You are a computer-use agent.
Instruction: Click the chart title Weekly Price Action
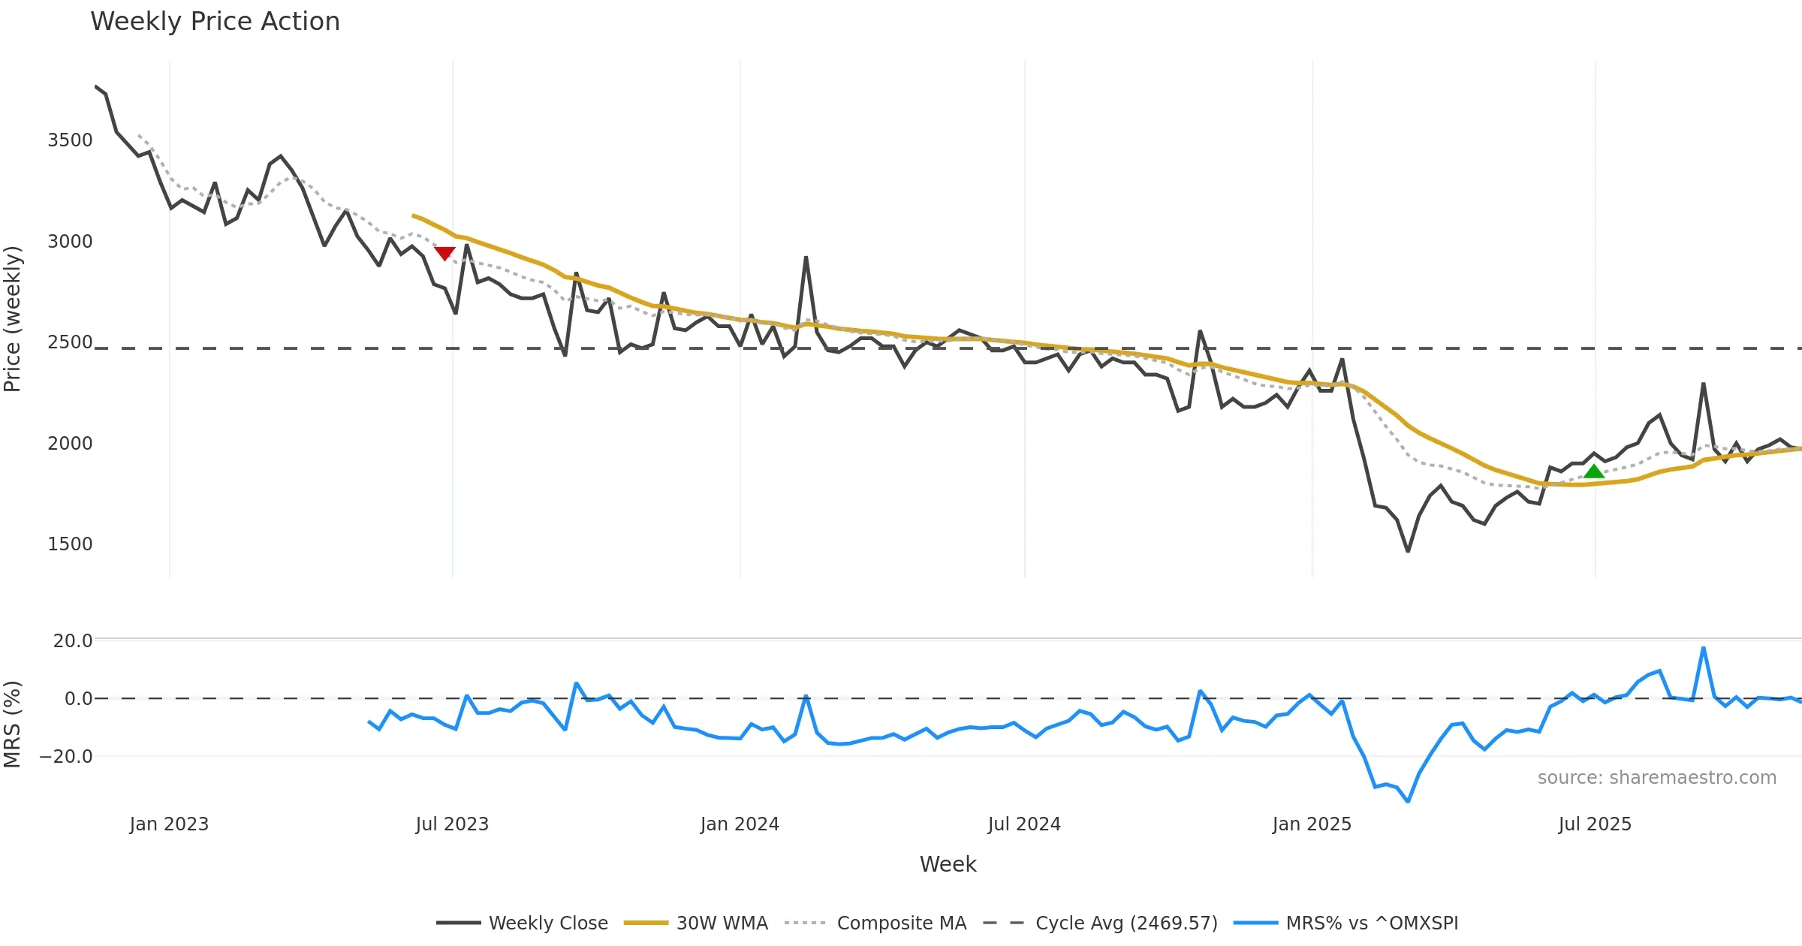click(215, 22)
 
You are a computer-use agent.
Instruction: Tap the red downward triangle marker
click(444, 254)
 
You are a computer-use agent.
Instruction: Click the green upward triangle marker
click(1593, 471)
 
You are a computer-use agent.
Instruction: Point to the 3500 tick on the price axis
click(70, 140)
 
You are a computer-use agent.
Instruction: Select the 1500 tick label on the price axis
click(70, 544)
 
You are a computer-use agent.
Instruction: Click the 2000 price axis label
click(70, 444)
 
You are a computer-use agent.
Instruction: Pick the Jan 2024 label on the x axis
click(740, 824)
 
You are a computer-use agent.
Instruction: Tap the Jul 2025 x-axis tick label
click(1595, 824)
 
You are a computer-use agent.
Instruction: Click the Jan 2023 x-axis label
click(169, 824)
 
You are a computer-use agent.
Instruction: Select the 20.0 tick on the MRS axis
click(73, 641)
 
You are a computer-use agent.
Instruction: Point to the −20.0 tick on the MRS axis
click(66, 757)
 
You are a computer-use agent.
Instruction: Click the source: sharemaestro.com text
click(1656, 778)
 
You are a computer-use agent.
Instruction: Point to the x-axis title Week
click(948, 865)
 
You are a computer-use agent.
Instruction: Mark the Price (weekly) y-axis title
click(13, 319)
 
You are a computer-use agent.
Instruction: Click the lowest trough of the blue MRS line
click(1408, 801)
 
